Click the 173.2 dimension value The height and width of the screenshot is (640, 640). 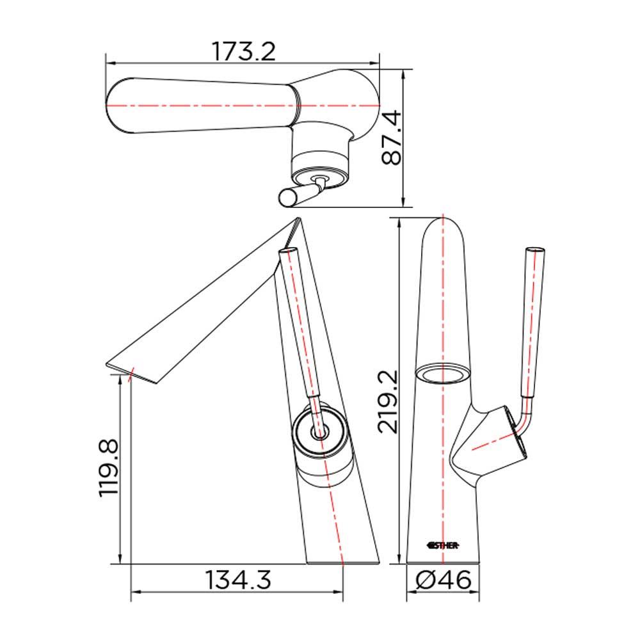pos(244,51)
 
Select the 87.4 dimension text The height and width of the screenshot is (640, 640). pos(392,138)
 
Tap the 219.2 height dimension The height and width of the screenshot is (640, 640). pos(387,402)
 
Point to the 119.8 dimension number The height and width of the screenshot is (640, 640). pos(109,468)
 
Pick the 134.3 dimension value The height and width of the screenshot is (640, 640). pos(238,580)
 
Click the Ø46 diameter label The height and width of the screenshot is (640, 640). pos(444,580)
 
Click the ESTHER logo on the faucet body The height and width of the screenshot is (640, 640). pos(443,545)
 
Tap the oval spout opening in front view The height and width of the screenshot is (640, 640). pos(443,373)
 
